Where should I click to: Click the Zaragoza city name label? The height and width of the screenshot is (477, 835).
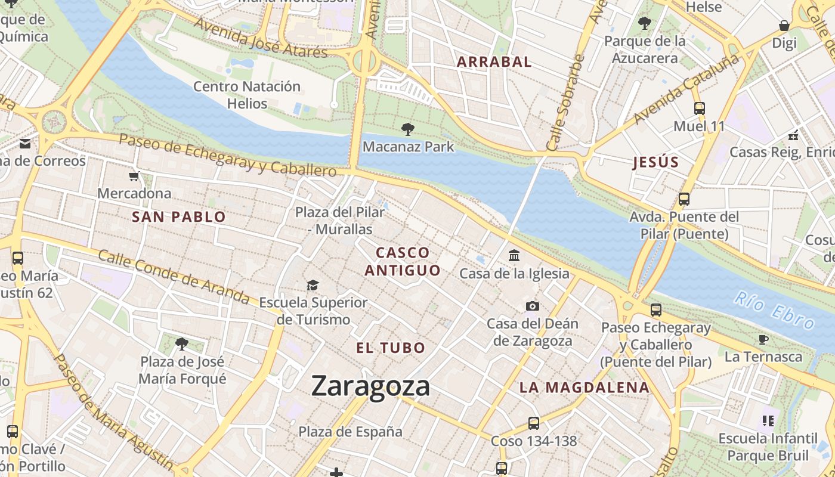click(x=370, y=386)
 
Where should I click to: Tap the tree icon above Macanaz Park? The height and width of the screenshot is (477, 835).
click(x=408, y=128)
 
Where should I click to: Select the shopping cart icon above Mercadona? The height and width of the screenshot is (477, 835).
click(x=134, y=176)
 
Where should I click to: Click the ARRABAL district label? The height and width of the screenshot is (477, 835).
click(x=494, y=61)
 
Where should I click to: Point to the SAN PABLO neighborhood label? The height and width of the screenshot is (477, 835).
click(x=179, y=217)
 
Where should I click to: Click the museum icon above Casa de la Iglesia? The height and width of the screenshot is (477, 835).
click(x=514, y=256)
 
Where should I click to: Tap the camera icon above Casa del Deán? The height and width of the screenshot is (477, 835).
click(x=533, y=306)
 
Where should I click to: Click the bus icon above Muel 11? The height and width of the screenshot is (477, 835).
click(x=700, y=109)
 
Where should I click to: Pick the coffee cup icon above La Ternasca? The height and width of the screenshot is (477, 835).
click(x=763, y=339)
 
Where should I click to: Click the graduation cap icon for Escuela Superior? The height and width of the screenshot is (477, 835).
click(x=313, y=285)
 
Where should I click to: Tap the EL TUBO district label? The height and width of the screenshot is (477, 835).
click(x=391, y=348)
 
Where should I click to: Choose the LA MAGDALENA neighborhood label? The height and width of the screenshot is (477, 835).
click(x=584, y=388)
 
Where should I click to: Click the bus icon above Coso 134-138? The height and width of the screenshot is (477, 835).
click(x=534, y=423)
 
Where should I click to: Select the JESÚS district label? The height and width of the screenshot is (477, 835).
click(x=655, y=162)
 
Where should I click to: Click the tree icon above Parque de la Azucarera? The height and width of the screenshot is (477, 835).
click(x=644, y=23)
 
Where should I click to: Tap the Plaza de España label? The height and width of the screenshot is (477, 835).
click(x=350, y=432)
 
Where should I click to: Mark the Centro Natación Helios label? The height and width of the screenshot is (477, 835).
click(x=247, y=95)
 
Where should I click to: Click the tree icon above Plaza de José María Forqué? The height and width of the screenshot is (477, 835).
click(x=182, y=343)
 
